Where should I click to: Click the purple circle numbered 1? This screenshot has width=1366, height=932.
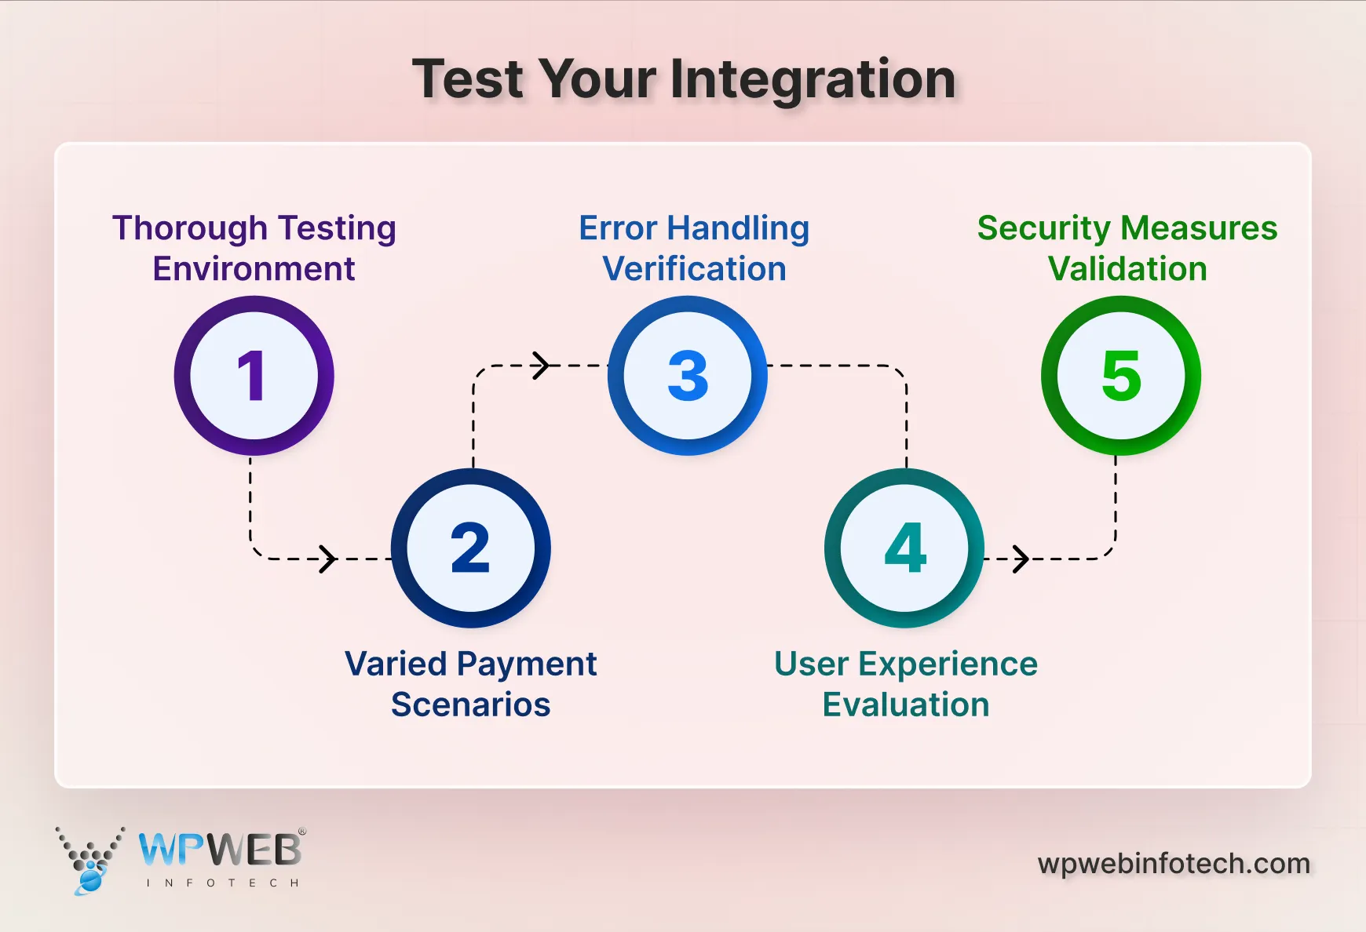tap(254, 376)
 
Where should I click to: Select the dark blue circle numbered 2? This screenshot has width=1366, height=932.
tap(470, 548)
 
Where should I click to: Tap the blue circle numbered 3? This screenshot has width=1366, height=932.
tap(688, 376)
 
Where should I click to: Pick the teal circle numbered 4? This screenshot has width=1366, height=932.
tap(904, 548)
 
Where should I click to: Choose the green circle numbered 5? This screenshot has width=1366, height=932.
tap(1121, 376)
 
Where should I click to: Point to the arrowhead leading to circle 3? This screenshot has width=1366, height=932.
tap(542, 366)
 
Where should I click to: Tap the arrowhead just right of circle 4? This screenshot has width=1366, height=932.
tap(1021, 559)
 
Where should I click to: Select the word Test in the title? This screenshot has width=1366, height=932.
tap(468, 80)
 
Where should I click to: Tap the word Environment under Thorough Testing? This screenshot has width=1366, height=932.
tap(254, 269)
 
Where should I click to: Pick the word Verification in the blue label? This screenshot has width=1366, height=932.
tap(694, 269)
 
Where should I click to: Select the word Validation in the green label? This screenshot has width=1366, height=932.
tap(1127, 269)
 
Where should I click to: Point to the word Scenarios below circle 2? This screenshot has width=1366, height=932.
tap(471, 704)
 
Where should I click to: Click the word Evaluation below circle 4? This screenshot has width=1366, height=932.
tap(906, 704)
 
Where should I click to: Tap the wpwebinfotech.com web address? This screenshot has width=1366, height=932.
tap(1174, 864)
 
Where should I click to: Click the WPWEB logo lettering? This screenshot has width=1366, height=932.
tap(220, 850)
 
